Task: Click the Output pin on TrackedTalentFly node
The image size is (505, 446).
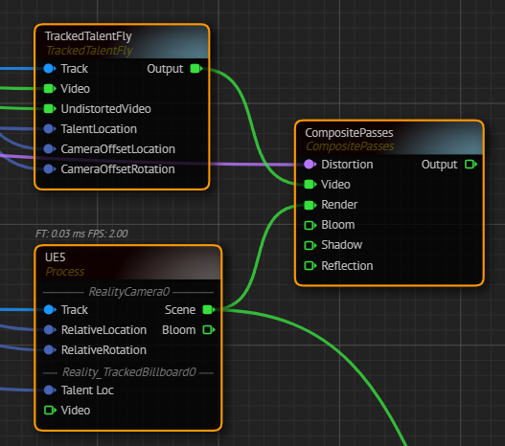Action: click(x=196, y=69)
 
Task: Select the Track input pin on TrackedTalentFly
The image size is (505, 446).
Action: click(x=50, y=69)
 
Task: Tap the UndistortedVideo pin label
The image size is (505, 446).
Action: click(x=106, y=109)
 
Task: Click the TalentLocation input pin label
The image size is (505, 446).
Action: click(x=99, y=129)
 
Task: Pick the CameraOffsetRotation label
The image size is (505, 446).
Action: click(x=118, y=169)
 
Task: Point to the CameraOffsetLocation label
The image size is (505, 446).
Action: click(x=118, y=149)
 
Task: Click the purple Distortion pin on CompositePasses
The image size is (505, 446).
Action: click(x=310, y=165)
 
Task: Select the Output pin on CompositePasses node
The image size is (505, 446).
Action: click(x=471, y=165)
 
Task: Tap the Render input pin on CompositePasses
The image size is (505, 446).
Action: click(x=310, y=205)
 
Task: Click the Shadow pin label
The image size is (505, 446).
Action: click(x=342, y=245)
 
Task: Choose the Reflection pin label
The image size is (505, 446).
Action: click(x=347, y=266)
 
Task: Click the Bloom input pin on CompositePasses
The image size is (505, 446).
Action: click(x=310, y=225)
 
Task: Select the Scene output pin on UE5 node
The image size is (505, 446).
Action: click(x=209, y=310)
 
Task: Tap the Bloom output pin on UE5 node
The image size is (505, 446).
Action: click(x=209, y=330)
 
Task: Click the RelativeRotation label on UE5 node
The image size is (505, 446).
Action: click(x=103, y=350)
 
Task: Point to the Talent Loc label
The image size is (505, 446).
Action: click(x=87, y=390)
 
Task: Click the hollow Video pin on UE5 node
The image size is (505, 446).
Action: click(x=50, y=411)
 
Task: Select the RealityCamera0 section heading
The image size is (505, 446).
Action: click(x=128, y=292)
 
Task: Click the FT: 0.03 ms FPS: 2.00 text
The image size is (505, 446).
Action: click(x=81, y=234)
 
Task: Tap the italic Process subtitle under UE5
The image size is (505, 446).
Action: click(x=65, y=272)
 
